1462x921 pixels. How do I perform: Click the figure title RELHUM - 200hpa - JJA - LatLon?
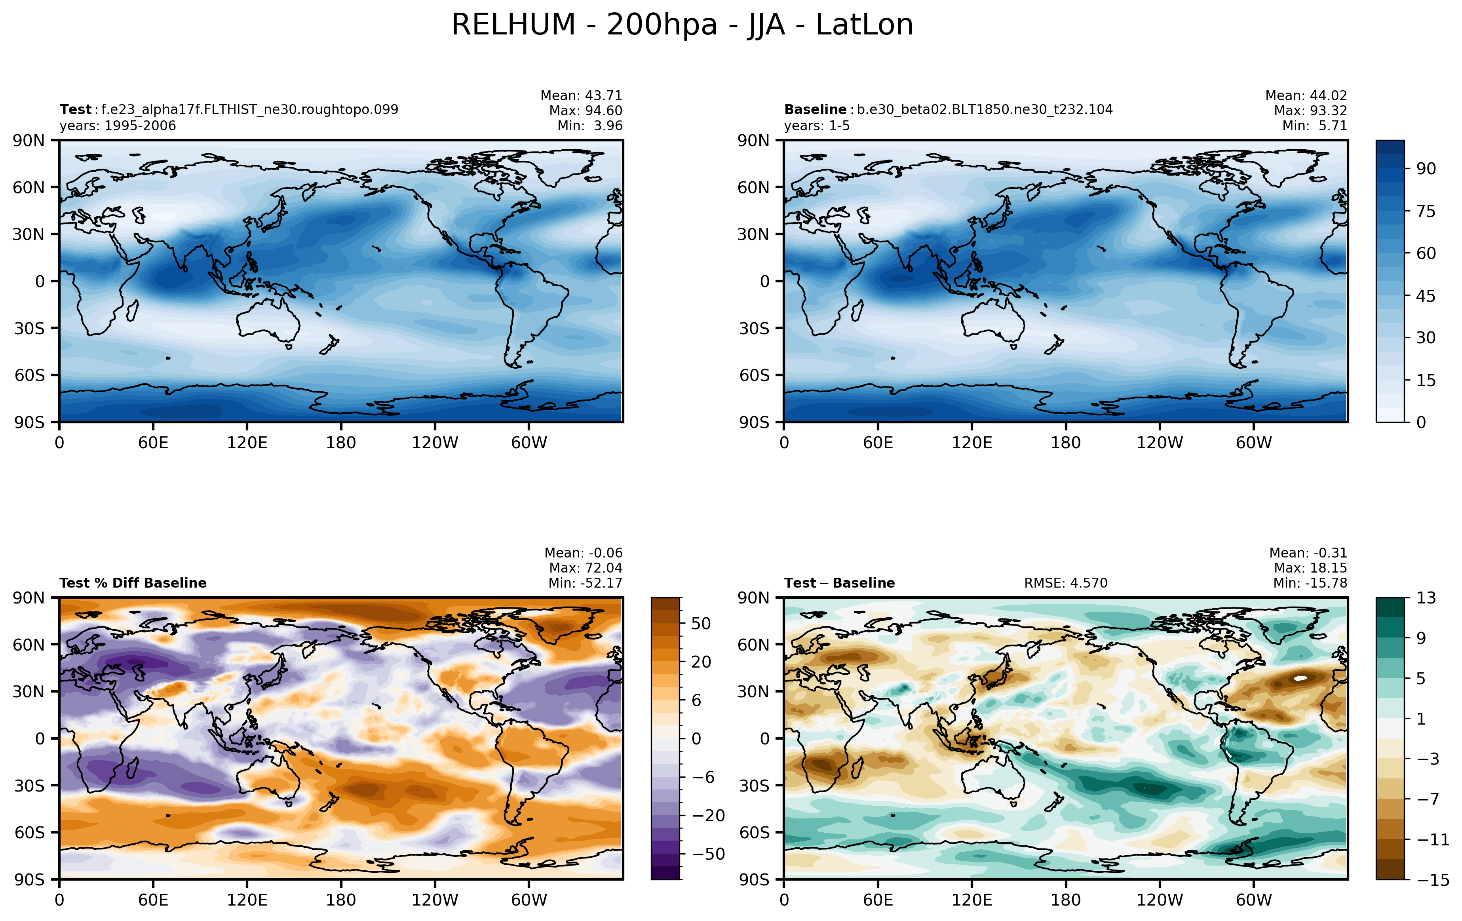tap(683, 25)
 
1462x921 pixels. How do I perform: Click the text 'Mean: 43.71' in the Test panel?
tap(581, 95)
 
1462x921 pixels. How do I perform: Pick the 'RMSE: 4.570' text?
tap(1066, 583)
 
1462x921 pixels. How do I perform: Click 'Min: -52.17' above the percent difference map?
tap(585, 583)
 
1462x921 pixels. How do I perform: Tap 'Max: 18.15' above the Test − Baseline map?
tap(1310, 568)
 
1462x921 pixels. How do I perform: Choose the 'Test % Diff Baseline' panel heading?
tap(133, 583)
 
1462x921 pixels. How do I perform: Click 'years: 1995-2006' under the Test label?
tap(118, 126)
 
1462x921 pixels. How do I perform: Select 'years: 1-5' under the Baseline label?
tap(817, 126)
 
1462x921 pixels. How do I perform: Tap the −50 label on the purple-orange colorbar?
tap(709, 854)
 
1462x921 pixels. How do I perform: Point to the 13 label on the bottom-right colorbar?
tap(1426, 598)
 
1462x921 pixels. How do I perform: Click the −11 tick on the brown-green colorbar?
tap(1433, 840)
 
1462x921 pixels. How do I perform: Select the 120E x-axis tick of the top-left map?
tap(247, 443)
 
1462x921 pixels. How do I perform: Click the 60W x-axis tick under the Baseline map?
tap(1254, 443)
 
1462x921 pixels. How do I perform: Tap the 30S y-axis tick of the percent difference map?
tap(29, 786)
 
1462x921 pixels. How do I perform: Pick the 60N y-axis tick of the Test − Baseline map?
tap(753, 644)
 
